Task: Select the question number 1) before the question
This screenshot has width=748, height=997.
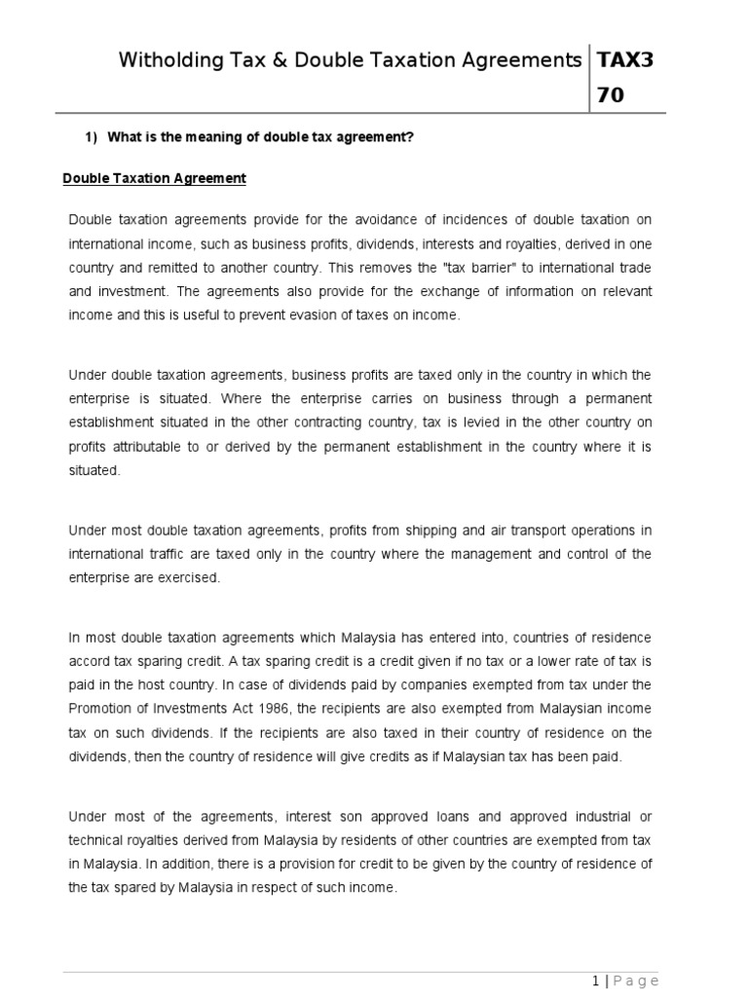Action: point(93,137)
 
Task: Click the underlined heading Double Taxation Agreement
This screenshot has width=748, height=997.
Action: point(154,178)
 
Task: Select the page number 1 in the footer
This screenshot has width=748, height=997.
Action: point(595,979)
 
